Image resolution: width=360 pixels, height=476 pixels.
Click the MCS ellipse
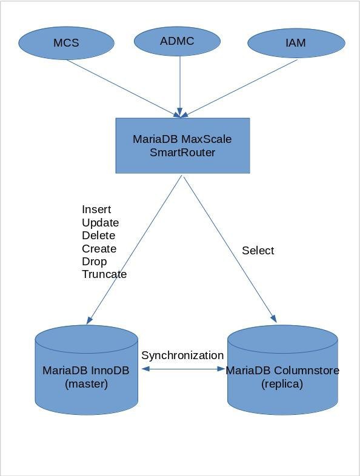66,43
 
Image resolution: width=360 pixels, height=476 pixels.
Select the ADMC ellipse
177,41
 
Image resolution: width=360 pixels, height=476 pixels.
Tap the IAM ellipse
296,43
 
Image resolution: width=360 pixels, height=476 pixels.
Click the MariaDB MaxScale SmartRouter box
182,146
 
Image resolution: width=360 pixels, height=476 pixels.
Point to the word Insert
96,210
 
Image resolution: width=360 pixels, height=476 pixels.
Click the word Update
100,222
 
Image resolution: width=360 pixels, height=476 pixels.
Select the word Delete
98,236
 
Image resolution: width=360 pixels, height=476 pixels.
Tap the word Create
99,249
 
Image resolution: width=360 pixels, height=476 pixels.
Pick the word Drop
94,262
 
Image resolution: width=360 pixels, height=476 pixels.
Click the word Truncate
104,274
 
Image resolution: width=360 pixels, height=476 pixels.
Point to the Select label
258,251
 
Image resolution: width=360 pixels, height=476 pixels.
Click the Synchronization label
182,355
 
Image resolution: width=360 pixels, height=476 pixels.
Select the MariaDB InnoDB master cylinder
87,370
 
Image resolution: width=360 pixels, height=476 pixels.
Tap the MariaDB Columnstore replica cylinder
282,370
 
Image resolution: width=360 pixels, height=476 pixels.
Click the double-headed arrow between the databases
183,369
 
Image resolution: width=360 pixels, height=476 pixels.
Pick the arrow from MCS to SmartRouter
124,88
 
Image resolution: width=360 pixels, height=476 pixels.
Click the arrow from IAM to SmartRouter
239,88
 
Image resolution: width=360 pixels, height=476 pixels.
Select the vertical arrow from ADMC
180,86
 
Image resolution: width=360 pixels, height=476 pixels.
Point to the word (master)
86,384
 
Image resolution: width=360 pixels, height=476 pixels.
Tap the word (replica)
282,384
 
